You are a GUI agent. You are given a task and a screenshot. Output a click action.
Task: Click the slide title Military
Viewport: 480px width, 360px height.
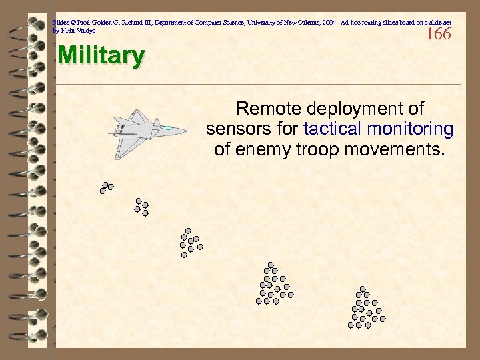pos(101,56)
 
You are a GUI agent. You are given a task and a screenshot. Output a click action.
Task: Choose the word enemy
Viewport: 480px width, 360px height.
pos(259,148)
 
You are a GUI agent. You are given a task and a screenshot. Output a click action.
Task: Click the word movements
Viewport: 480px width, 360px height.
pos(393,148)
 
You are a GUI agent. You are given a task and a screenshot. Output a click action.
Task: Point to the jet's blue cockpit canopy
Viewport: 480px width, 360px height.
pos(167,127)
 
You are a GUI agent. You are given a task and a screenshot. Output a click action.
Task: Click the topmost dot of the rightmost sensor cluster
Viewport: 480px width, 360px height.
pos(363,289)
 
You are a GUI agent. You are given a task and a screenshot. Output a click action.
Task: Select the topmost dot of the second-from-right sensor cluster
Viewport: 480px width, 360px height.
pos(270,265)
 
